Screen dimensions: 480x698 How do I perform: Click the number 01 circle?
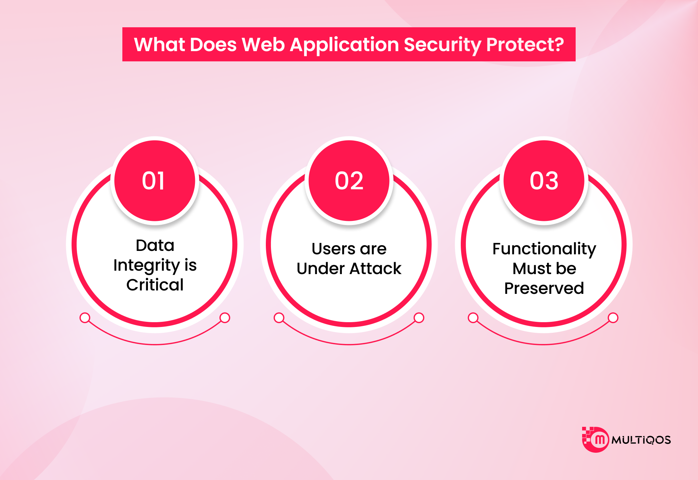[155, 181]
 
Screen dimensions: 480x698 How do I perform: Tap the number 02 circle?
[349, 181]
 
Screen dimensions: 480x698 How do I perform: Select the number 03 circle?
[544, 181]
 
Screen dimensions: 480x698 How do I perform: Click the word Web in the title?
[263, 45]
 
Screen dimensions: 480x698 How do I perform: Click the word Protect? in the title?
[525, 45]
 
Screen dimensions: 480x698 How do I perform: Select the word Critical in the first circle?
[155, 285]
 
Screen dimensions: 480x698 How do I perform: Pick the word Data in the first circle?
[155, 245]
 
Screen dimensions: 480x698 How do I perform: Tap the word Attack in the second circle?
[376, 269]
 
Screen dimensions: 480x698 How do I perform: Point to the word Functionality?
[544, 249]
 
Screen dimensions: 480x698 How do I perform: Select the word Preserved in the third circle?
[544, 288]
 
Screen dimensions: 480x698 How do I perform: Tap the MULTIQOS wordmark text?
[641, 440]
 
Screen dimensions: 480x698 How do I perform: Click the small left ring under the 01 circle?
[85, 318]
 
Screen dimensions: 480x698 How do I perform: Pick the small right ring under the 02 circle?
[419, 318]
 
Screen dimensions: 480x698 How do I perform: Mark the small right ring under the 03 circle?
[613, 318]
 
